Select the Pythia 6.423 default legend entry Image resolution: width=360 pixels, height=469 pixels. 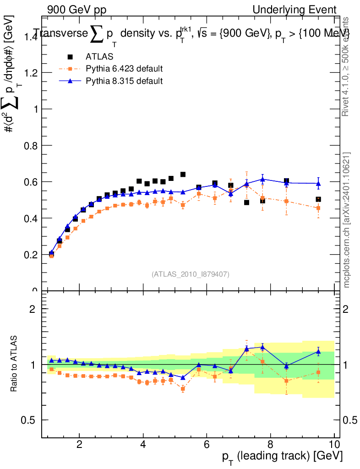(x=124, y=69)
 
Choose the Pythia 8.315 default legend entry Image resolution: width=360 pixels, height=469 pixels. (x=124, y=81)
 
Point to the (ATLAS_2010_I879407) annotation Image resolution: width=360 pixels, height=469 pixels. (x=191, y=274)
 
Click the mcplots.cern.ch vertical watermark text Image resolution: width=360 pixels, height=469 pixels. (x=347, y=220)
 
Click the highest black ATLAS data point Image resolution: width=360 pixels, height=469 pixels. (x=183, y=175)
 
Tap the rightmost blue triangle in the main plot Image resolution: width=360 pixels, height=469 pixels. (x=318, y=184)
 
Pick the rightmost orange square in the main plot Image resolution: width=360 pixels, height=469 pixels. (x=318, y=208)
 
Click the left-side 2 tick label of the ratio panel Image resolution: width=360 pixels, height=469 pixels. (x=33, y=309)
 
